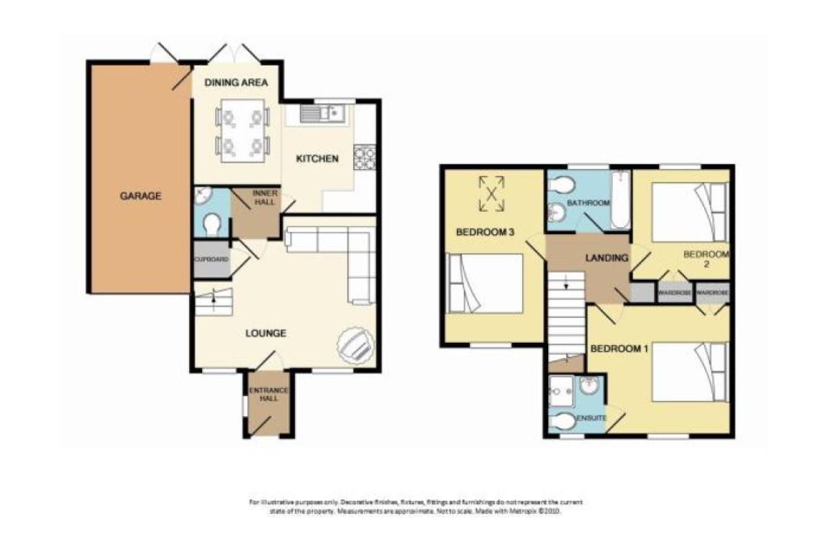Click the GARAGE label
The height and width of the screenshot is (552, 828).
[x=140, y=195]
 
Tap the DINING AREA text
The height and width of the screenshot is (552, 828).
[x=235, y=83]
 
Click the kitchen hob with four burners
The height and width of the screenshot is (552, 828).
[x=364, y=158]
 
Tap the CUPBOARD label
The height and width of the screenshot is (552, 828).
[x=211, y=259]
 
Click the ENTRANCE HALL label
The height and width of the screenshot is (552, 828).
[x=268, y=395]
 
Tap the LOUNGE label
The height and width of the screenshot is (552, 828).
[x=266, y=333]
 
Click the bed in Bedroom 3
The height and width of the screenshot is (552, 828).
[x=484, y=283]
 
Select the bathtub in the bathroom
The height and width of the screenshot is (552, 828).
[x=619, y=200]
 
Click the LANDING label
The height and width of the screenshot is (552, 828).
[x=607, y=258]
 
